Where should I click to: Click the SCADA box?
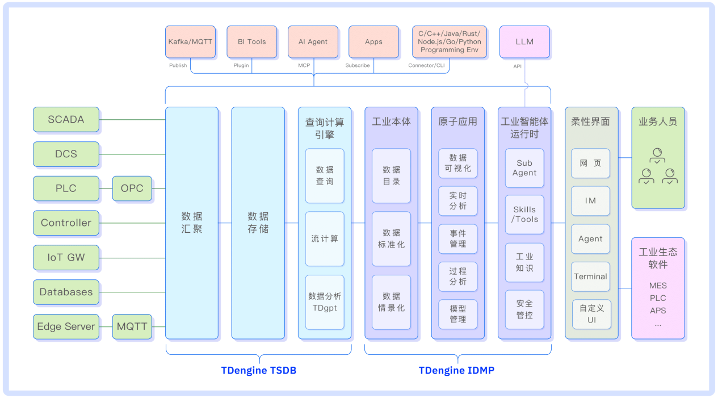(x=66, y=119)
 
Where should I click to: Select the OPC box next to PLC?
(x=132, y=188)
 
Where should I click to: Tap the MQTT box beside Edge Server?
(x=132, y=326)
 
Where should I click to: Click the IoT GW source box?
(x=66, y=258)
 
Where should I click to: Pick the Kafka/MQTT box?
(x=190, y=41)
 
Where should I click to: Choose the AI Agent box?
(x=313, y=41)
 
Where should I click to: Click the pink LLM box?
(x=524, y=41)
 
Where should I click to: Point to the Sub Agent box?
(x=524, y=167)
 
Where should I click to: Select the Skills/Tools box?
(x=524, y=214)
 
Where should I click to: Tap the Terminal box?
(x=590, y=276)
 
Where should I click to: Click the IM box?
(x=590, y=201)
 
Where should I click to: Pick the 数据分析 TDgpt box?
(x=325, y=302)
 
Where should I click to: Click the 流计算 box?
(x=325, y=238)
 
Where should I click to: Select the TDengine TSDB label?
(x=259, y=370)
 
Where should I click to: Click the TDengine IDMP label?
(x=457, y=370)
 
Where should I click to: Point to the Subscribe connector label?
(x=358, y=65)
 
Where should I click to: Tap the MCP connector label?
(x=304, y=65)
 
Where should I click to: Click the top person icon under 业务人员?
(x=657, y=156)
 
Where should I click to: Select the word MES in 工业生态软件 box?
(x=658, y=286)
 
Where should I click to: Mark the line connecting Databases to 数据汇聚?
(x=132, y=292)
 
